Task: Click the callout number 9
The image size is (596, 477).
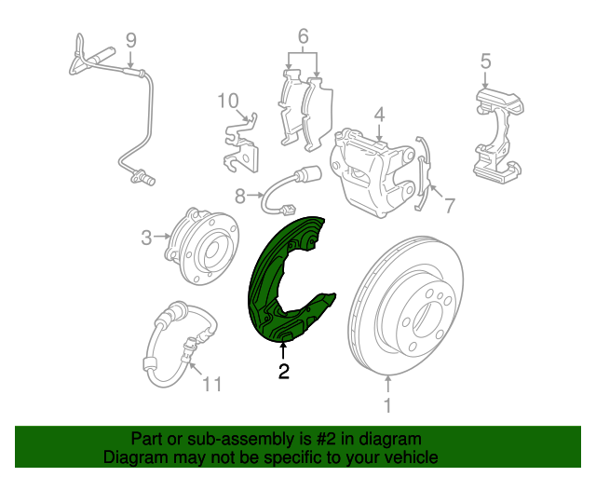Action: click(130, 40)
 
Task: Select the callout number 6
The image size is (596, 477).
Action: click(303, 36)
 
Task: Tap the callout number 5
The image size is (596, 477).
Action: click(486, 61)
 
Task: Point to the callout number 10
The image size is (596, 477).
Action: click(228, 102)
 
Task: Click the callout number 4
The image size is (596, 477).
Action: click(379, 116)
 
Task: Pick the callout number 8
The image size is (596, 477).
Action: click(240, 197)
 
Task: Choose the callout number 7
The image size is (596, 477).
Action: click(450, 206)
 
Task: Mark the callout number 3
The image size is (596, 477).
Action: click(146, 238)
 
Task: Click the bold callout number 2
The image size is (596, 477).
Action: click(283, 371)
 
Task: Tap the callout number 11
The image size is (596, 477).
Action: click(212, 384)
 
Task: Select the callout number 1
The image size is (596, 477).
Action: click(387, 405)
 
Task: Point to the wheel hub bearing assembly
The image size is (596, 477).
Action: click(202, 246)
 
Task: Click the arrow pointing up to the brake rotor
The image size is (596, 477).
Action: click(387, 384)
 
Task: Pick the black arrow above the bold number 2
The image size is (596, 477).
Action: click(283, 350)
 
